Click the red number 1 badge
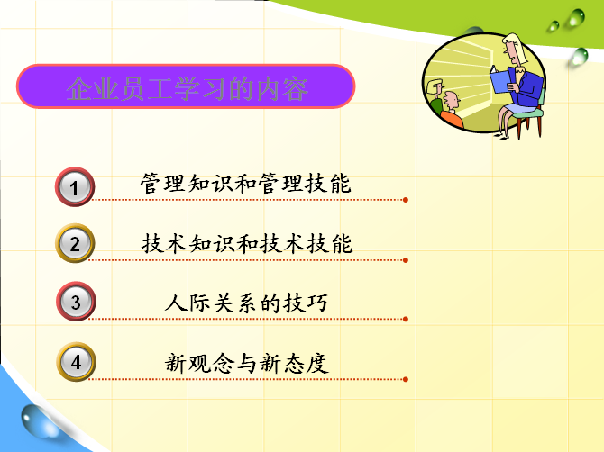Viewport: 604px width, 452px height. click(x=75, y=187)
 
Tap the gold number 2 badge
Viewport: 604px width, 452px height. click(x=75, y=243)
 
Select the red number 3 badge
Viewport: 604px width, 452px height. click(x=76, y=302)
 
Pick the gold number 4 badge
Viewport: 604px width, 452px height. click(x=76, y=362)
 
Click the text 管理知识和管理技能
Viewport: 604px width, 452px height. click(x=245, y=183)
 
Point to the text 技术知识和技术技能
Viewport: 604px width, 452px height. click(x=247, y=243)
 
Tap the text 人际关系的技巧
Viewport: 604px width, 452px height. click(x=246, y=303)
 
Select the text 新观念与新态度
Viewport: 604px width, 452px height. click(x=246, y=363)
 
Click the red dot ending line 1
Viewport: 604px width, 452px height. click(x=406, y=200)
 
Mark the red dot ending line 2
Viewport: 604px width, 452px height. click(x=406, y=260)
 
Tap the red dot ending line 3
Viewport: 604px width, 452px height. click(x=406, y=319)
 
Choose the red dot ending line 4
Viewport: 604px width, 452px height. click(x=406, y=379)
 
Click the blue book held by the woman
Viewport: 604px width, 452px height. click(x=501, y=80)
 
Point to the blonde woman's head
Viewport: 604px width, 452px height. click(x=515, y=49)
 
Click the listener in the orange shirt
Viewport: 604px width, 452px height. click(x=453, y=110)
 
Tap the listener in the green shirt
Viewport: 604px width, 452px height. click(x=435, y=97)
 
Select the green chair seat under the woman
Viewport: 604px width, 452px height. click(x=527, y=113)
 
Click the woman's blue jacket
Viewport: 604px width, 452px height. click(x=526, y=86)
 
